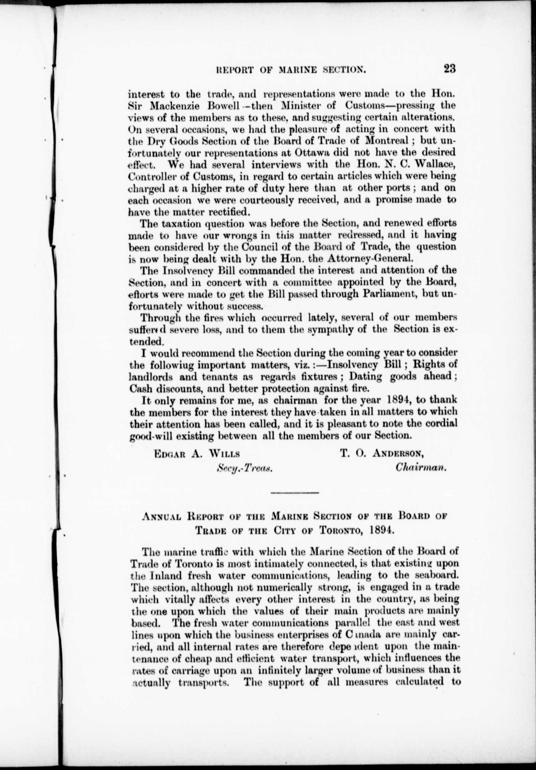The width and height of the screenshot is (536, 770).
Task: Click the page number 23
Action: pos(450,69)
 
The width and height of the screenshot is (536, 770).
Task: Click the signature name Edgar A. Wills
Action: pos(196,454)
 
